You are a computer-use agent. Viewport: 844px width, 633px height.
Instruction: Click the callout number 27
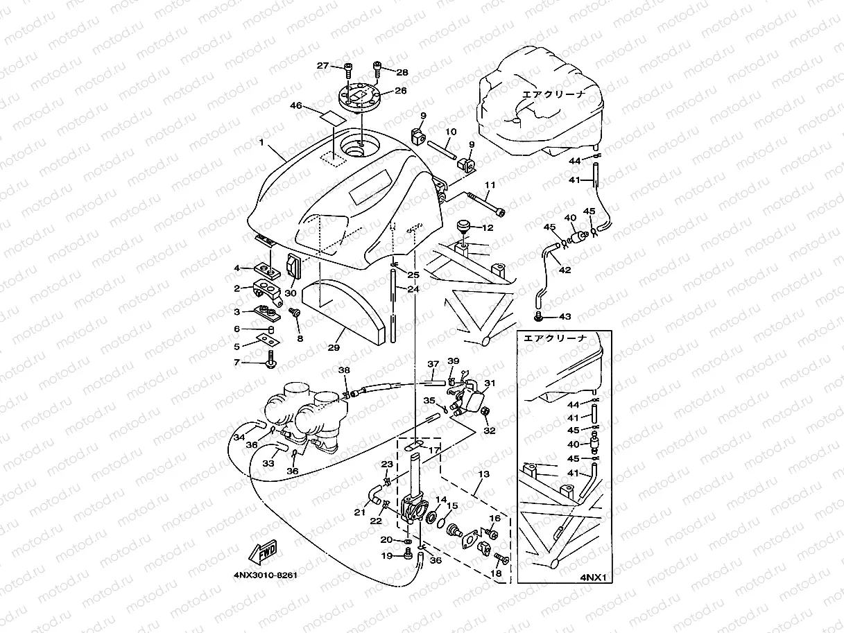322,66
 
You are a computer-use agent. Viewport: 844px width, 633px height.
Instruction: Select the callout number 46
296,106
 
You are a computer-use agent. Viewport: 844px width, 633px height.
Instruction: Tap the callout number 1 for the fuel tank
261,143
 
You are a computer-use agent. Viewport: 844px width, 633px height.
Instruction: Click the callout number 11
490,185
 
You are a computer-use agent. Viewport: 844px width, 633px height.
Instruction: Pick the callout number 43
565,317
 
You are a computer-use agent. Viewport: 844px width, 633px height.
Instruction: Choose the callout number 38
344,371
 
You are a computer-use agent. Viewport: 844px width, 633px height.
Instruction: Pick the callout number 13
483,474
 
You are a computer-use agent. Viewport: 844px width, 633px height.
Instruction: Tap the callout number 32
490,431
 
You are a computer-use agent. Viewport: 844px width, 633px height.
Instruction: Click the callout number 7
236,362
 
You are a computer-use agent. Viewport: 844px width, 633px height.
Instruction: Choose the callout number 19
387,555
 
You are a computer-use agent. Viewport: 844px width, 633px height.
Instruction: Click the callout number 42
565,270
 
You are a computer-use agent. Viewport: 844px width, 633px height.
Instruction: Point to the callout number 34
239,437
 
